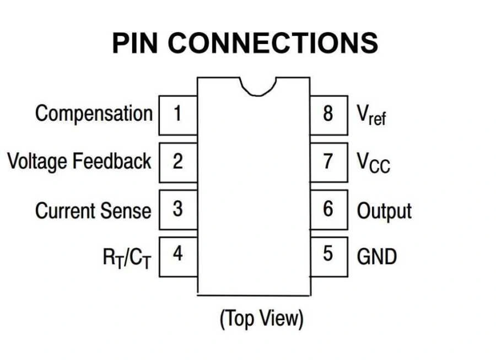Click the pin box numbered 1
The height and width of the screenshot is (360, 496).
[178, 115]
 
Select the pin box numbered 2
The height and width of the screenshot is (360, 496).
[178, 162]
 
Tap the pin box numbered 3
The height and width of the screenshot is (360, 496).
[178, 209]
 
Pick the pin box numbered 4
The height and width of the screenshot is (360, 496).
[178, 256]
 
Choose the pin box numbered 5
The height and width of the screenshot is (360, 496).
[328, 256]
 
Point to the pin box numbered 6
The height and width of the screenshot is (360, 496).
[328, 209]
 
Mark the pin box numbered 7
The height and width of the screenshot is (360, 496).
[328, 162]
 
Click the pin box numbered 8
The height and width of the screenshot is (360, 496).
[328, 115]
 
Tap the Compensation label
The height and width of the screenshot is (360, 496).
[94, 114]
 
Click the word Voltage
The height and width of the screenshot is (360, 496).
[39, 162]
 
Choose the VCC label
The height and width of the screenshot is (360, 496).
[373, 163]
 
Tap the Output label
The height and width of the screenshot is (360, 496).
[384, 211]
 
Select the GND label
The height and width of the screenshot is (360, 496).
[377, 256]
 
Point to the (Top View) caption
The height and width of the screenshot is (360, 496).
[262, 319]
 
